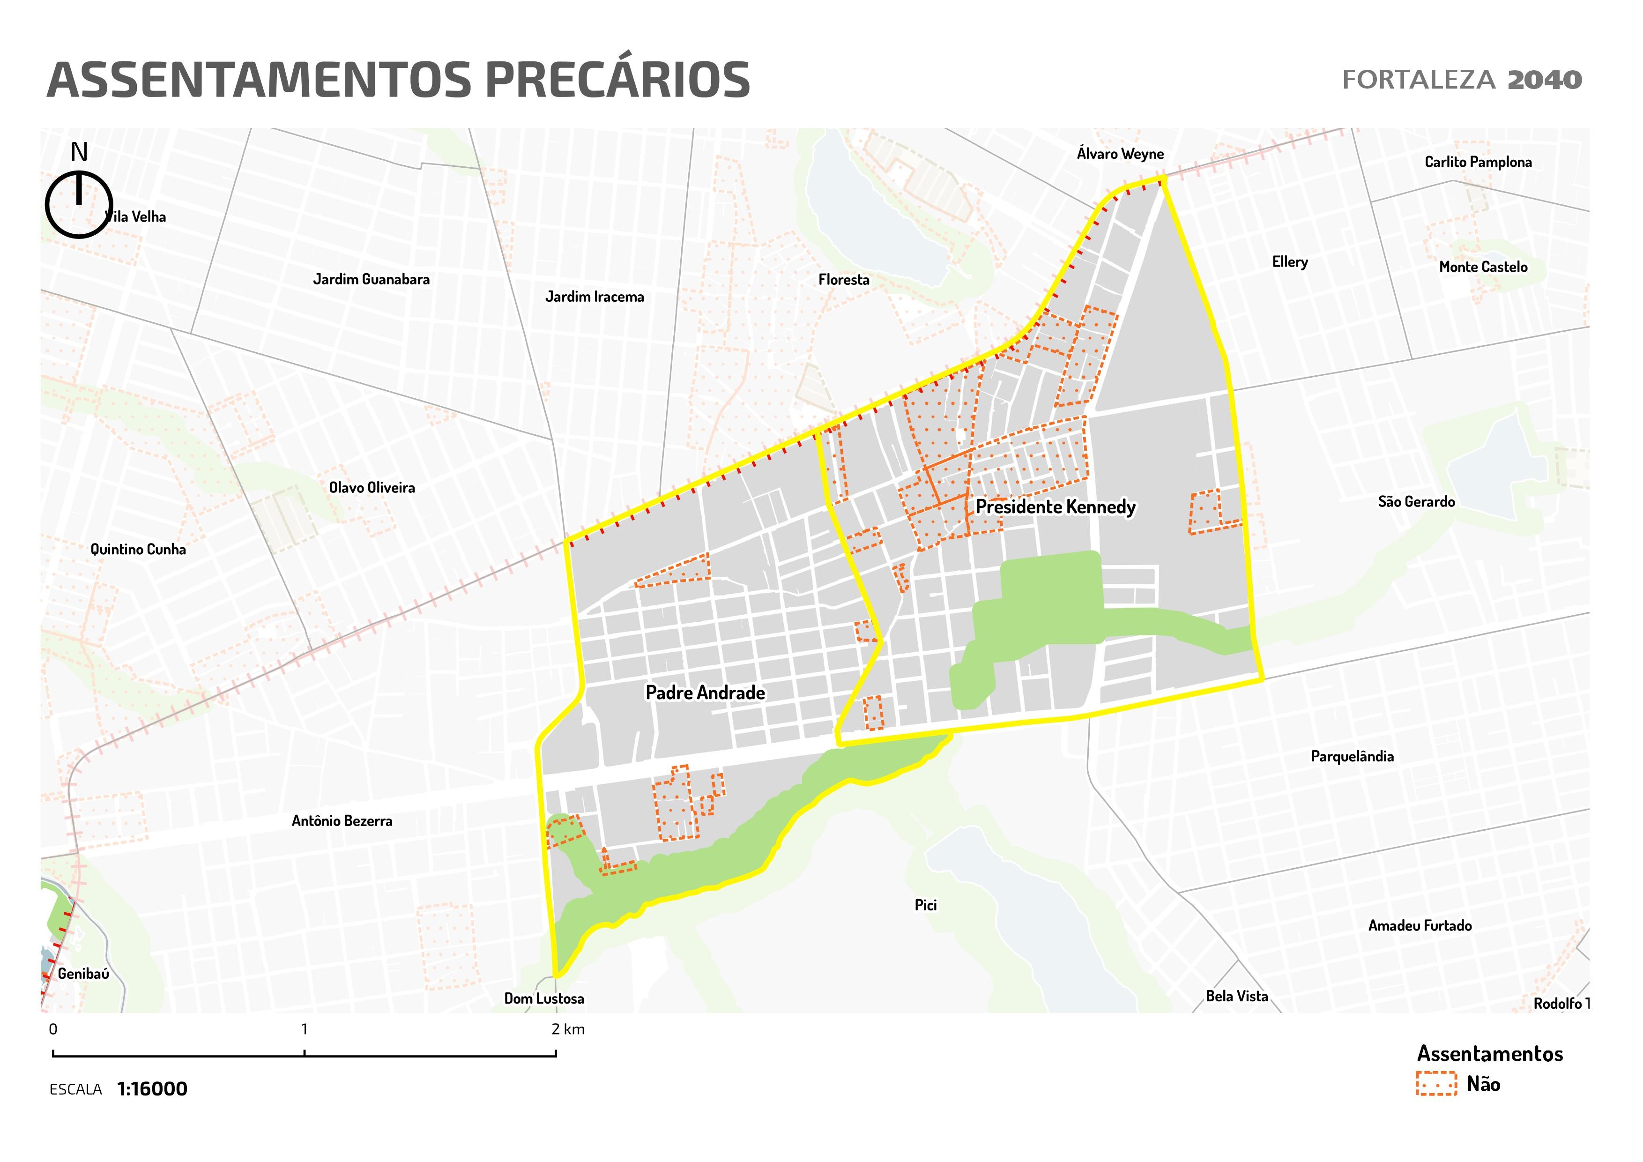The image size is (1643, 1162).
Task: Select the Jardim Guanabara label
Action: pos(372,280)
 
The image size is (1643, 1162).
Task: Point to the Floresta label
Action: pos(844,280)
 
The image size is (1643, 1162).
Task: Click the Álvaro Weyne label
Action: pos(1120,154)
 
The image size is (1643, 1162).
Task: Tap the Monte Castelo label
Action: pos(1483,267)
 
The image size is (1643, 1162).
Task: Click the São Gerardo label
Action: pos(1416,501)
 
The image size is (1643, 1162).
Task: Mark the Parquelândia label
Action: pos(1352,756)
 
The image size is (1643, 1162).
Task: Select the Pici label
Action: pos(925,905)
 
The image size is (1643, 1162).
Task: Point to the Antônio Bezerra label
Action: pos(342,821)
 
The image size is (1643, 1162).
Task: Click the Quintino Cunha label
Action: pos(138,550)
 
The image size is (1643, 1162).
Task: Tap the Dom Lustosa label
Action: pos(544,999)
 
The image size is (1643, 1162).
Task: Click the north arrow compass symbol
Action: pos(79,204)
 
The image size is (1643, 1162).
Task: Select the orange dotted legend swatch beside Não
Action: pos(1435,1084)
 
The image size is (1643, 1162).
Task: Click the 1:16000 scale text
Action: pos(152,1089)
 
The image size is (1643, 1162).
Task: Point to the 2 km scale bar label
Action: pos(568,1029)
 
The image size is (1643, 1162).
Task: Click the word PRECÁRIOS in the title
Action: pos(617,80)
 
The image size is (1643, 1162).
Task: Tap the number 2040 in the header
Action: pos(1544,80)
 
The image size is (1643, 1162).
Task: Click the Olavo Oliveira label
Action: pos(372,488)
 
